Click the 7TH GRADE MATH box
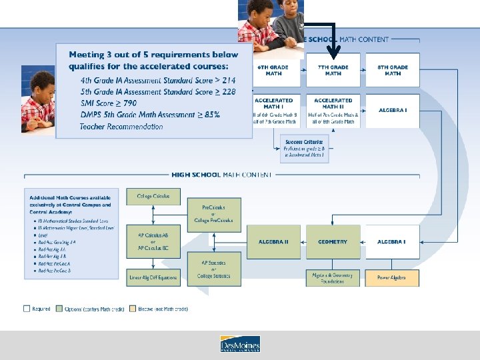tap(333, 70)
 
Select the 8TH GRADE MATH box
tap(393, 70)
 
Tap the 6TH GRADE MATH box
tap(273, 70)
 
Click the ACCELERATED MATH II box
tap(333, 111)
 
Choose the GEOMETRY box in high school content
tap(333, 242)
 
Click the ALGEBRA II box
tap(273, 242)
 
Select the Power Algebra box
tap(392, 277)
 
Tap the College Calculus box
tap(153, 197)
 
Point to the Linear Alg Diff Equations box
tap(153, 277)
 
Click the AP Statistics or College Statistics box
tap(213, 272)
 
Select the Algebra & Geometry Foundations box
tap(333, 278)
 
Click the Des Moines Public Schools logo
tap(240, 344)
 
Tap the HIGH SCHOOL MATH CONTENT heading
tap(221, 175)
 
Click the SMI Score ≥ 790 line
tap(109, 103)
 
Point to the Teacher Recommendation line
tap(121, 127)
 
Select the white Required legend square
tap(27, 309)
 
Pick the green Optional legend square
tap(59, 309)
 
